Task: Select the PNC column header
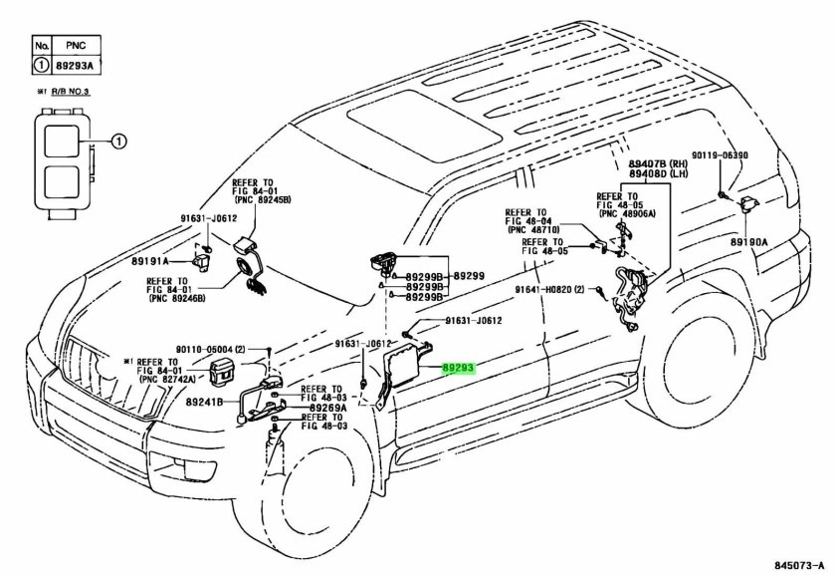coord(76,46)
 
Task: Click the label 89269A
coord(326,408)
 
